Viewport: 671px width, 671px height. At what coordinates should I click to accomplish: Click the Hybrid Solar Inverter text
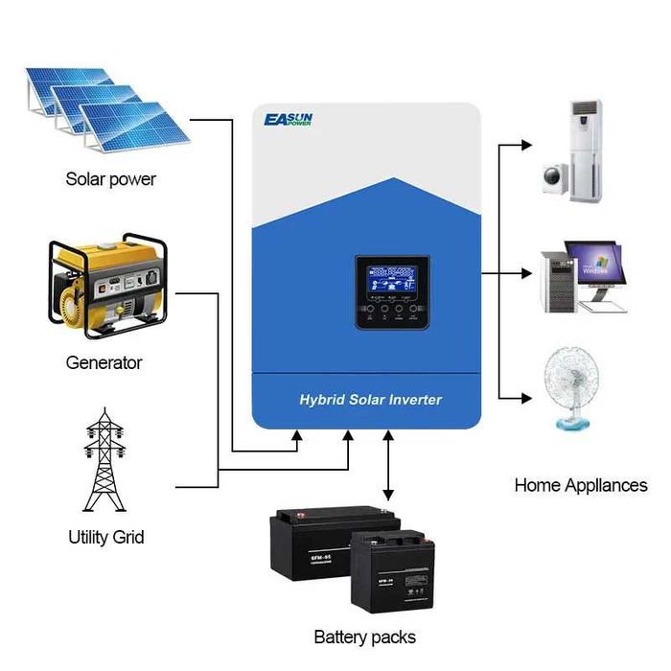coord(370,399)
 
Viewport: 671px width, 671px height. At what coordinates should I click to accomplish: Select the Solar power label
coord(110,179)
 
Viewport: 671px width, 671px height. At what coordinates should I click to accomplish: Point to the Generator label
coord(104,363)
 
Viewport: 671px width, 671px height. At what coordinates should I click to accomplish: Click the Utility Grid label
coord(105,537)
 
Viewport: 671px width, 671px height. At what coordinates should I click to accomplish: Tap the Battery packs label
coord(364,636)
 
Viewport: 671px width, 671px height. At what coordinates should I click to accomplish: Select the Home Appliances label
coord(581,485)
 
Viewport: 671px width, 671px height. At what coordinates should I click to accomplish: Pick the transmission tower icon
coord(105,460)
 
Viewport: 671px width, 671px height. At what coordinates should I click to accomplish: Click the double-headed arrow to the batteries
coord(387,465)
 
